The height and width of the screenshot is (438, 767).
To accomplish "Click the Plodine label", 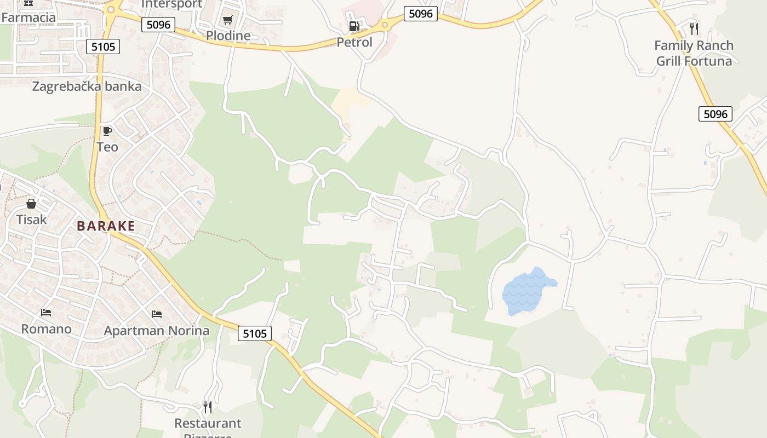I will point(228,36).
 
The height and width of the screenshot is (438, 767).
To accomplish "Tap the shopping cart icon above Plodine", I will point(227,20).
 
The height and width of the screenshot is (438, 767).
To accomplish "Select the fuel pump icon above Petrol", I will point(354,26).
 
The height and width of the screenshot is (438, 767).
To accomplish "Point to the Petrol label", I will point(354,42).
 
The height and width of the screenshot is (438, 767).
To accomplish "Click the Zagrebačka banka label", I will point(87,87).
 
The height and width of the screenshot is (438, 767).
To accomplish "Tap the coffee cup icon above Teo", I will point(107,131).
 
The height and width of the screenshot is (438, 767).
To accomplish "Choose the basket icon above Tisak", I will point(31,204).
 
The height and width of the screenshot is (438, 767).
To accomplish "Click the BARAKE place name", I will point(106,226).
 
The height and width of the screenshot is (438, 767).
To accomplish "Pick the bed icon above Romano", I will point(46,313).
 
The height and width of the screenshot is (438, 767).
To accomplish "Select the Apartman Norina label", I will point(157,331).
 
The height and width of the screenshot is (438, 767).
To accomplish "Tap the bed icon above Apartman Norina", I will point(157,314).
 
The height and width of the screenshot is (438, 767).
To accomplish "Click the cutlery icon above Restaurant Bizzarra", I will point(208,407).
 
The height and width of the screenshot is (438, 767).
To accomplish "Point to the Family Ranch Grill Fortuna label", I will point(694,53).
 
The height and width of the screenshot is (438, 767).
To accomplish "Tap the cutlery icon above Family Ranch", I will point(694,28).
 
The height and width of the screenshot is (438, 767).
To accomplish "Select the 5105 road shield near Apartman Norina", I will point(255,333).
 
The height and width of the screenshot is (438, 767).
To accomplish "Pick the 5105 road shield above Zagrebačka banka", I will point(103,47).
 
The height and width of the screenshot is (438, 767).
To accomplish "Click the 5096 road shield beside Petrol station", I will point(421,14).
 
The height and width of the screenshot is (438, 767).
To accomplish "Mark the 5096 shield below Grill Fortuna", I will point(716,114).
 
